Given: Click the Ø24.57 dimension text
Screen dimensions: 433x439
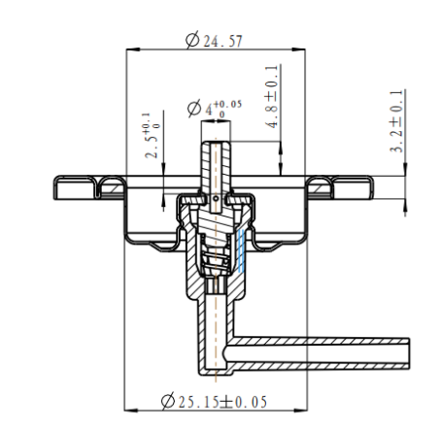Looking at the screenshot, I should pyautogui.click(x=217, y=39).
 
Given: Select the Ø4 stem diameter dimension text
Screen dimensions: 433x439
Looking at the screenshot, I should pyautogui.click(x=214, y=109).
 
